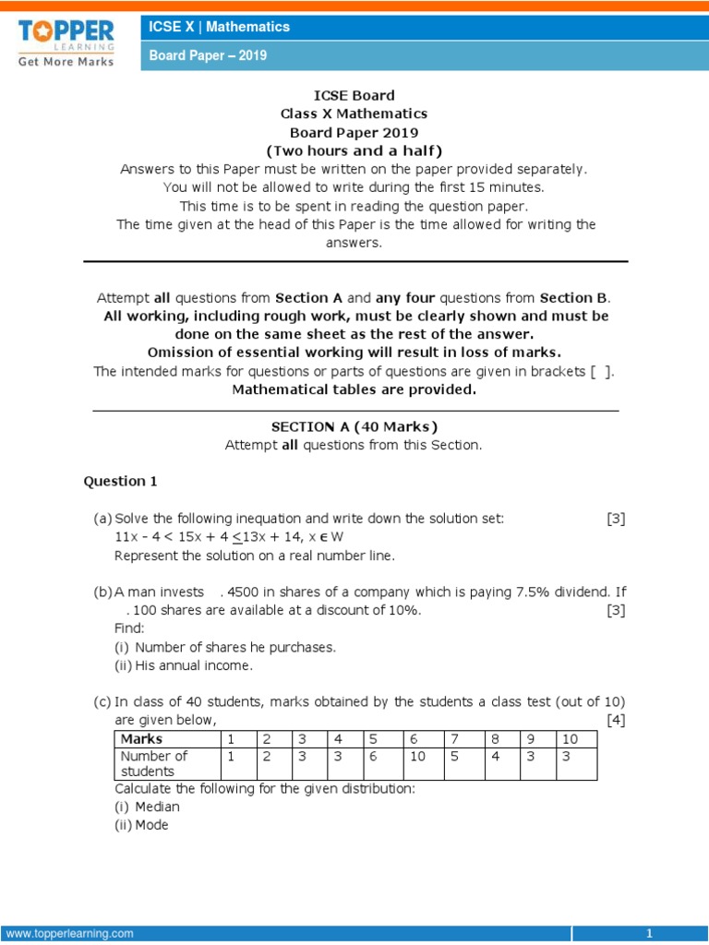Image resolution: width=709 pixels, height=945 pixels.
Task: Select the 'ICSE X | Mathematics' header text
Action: (220, 27)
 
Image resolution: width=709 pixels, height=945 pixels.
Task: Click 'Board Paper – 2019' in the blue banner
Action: (209, 55)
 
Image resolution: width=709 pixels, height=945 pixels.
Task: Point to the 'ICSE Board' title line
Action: (354, 95)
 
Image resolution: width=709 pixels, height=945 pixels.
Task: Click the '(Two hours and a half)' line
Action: (354, 150)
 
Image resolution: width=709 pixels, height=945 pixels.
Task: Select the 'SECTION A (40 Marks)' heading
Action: (354, 426)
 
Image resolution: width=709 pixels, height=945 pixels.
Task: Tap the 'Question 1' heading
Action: (114, 481)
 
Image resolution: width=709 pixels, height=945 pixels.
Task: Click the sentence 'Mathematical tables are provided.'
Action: (354, 389)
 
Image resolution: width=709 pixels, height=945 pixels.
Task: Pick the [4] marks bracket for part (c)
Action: (616, 720)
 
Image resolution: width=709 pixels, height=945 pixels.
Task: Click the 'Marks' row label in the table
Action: (141, 738)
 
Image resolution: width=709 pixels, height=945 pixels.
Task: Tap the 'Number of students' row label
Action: (153, 763)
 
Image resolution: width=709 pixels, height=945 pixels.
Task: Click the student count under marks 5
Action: (374, 756)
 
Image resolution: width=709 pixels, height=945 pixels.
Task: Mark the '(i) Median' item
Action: (148, 807)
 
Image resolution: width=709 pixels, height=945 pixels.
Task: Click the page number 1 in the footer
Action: (650, 933)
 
